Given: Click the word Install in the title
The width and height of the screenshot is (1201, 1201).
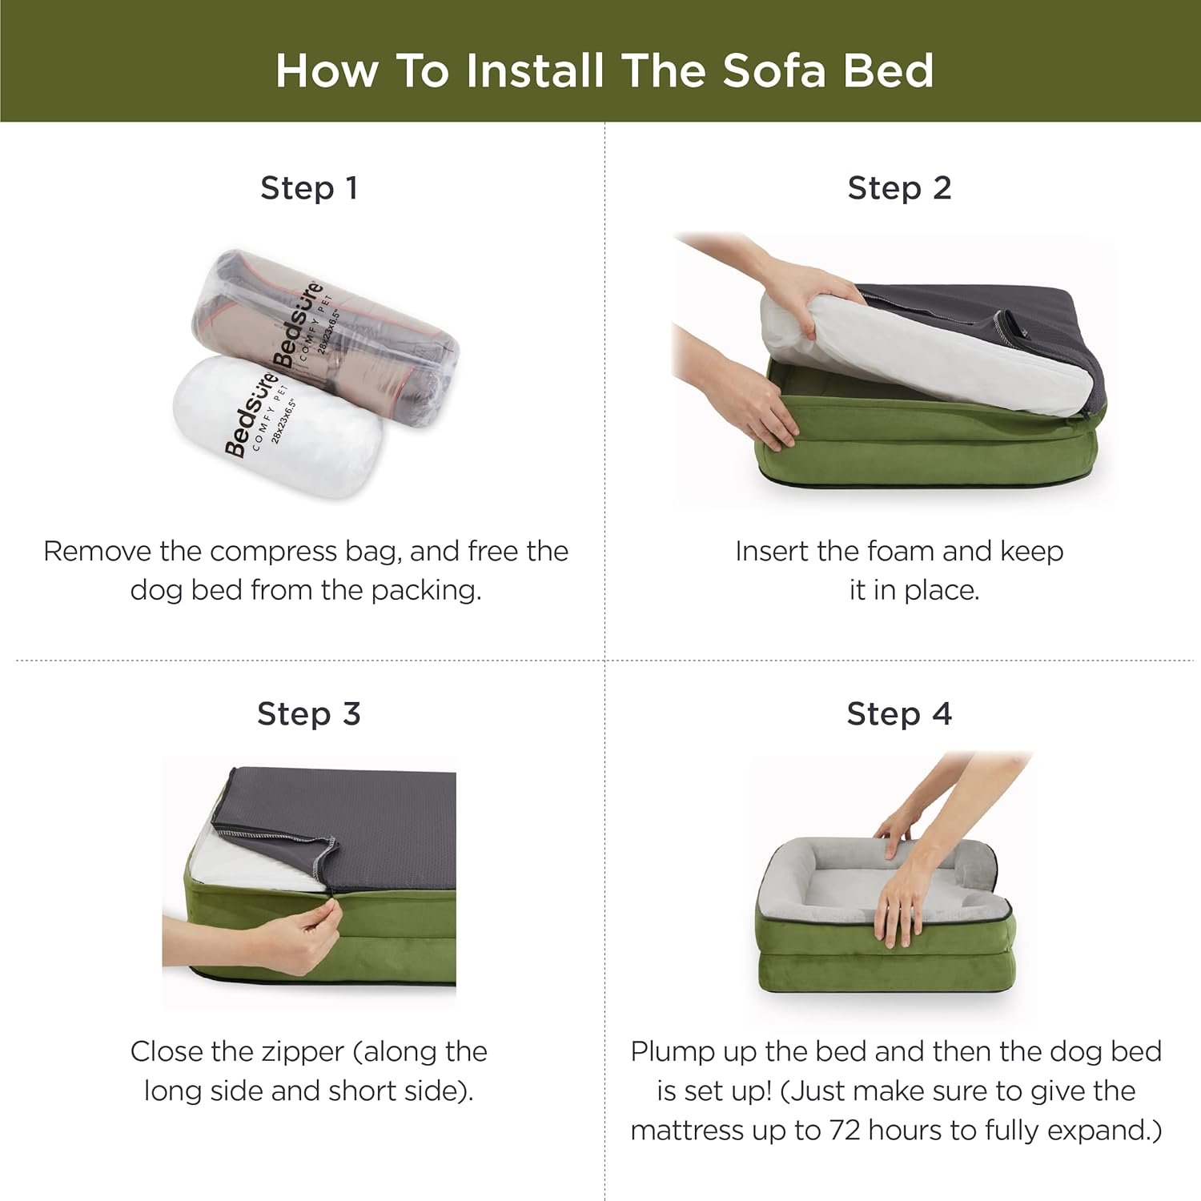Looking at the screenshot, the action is pos(536,70).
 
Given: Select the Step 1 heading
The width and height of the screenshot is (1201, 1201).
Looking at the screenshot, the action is pos(309,188).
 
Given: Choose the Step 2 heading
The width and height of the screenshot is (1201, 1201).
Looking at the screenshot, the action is pos(899,188).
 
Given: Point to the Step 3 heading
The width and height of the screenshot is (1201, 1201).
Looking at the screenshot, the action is pos(309,713).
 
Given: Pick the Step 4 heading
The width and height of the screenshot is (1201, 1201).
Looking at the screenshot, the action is pos(899,713).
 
